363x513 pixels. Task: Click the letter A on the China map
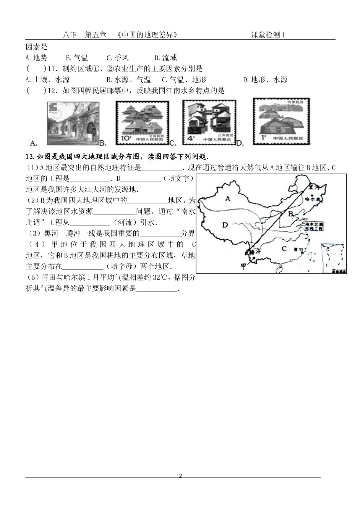point(228,198)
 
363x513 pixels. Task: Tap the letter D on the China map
point(225,224)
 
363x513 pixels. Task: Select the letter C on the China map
point(284,248)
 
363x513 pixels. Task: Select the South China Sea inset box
point(334,258)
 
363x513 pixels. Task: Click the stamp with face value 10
point(143,123)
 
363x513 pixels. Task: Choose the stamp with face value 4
point(209,122)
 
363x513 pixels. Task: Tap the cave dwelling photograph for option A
point(73,123)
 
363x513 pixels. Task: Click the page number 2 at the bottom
point(181,476)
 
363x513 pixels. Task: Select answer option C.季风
point(118,58)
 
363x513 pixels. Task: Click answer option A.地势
point(36,58)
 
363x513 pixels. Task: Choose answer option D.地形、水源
point(265,80)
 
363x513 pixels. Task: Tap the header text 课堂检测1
point(268,35)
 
